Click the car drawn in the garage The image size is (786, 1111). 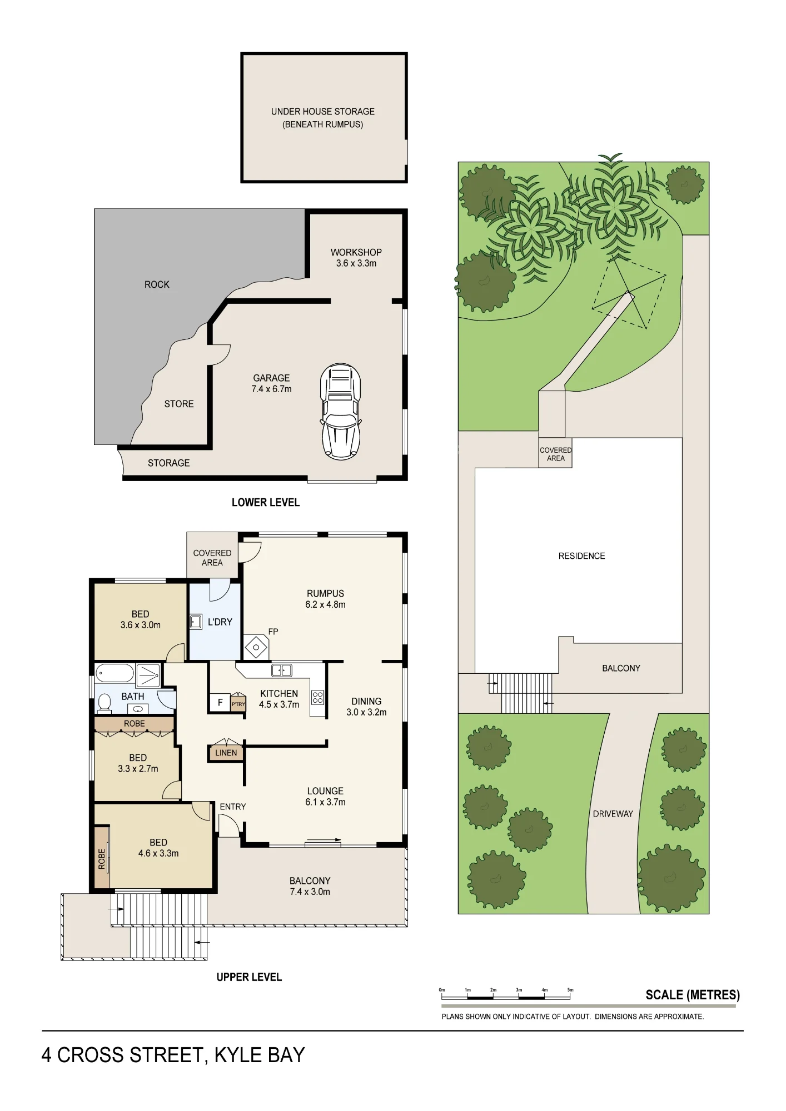[x=340, y=411]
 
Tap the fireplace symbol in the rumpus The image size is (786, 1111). [x=256, y=647]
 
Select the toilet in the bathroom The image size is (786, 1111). [x=104, y=703]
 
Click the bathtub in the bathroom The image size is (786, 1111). [x=115, y=674]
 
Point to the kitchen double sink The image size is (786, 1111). [x=282, y=670]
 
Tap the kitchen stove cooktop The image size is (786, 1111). [x=317, y=697]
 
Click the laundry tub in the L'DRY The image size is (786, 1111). [x=196, y=621]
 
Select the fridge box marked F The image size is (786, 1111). [x=220, y=702]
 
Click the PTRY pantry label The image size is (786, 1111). [x=238, y=704]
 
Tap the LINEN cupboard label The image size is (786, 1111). [x=226, y=753]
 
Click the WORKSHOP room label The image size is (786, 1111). [x=356, y=252]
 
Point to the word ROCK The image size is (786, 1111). [x=157, y=284]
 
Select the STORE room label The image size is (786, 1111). [x=179, y=404]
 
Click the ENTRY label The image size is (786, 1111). [x=232, y=807]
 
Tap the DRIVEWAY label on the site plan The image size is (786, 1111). [x=613, y=814]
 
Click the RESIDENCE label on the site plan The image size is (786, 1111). [x=581, y=555]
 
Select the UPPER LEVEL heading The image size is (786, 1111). [x=249, y=977]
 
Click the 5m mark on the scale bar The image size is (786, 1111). [x=570, y=990]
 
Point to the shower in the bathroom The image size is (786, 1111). [x=148, y=675]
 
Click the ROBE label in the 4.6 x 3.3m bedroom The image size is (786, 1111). [x=102, y=858]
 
